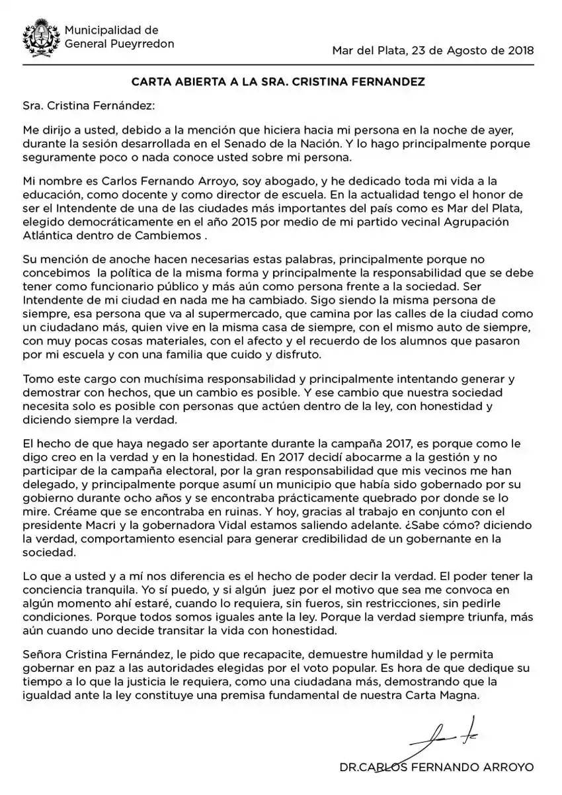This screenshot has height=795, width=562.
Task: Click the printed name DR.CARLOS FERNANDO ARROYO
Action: click(x=435, y=768)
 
